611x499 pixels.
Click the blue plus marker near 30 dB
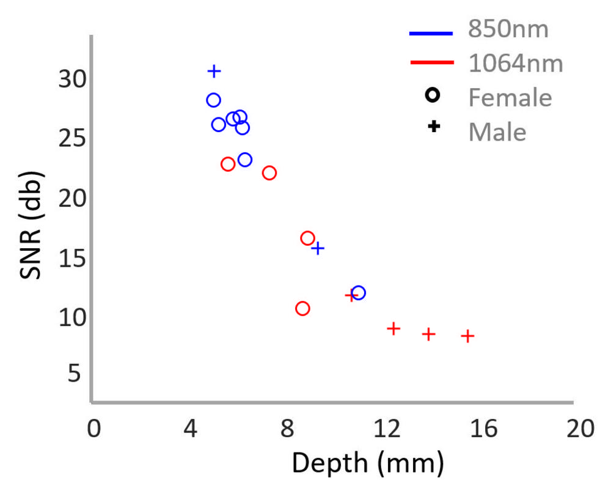point(214,72)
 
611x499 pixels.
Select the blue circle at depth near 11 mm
point(359,293)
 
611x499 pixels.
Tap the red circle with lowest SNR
point(302,309)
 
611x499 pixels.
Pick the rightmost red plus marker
point(468,336)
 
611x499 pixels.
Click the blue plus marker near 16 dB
point(318,248)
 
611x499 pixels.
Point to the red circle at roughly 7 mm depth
point(269,173)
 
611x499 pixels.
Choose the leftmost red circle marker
point(228,164)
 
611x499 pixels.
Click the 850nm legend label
point(508,29)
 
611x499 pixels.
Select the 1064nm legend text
point(516,63)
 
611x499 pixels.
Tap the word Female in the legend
point(510,97)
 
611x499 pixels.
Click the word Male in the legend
point(497,131)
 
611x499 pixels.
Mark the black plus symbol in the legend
point(433,127)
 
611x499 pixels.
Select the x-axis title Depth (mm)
point(367,464)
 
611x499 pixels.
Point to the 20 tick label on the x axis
point(579,429)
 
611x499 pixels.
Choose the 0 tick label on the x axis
point(93,429)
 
